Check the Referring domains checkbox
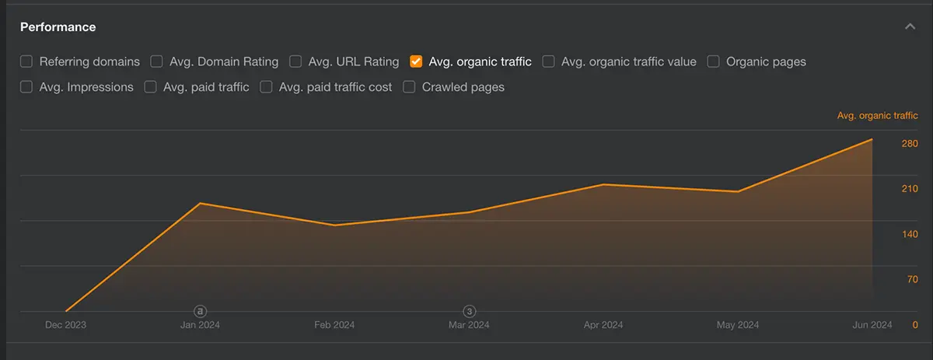pyautogui.click(x=26, y=61)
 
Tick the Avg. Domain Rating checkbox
pyautogui.click(x=156, y=61)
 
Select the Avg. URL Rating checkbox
pyautogui.click(x=295, y=61)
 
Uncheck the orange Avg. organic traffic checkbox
pyautogui.click(x=416, y=61)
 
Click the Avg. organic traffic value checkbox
pyautogui.click(x=548, y=61)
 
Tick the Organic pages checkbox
pyautogui.click(x=713, y=61)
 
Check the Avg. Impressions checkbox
pyautogui.click(x=26, y=87)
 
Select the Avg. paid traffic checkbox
pyautogui.click(x=150, y=87)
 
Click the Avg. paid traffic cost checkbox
pyautogui.click(x=266, y=87)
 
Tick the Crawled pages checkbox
pyautogui.click(x=409, y=87)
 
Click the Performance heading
pyautogui.click(x=58, y=27)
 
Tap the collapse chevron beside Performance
pyautogui.click(x=910, y=27)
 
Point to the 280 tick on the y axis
pyautogui.click(x=910, y=144)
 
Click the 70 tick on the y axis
pyautogui.click(x=913, y=279)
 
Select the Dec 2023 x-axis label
pyautogui.click(x=65, y=325)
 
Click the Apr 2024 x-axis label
pyautogui.click(x=603, y=325)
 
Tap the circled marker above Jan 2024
pyautogui.click(x=200, y=311)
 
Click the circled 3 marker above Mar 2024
pyautogui.click(x=470, y=311)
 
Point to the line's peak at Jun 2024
pyautogui.click(x=872, y=140)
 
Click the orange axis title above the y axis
pyautogui.click(x=877, y=116)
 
